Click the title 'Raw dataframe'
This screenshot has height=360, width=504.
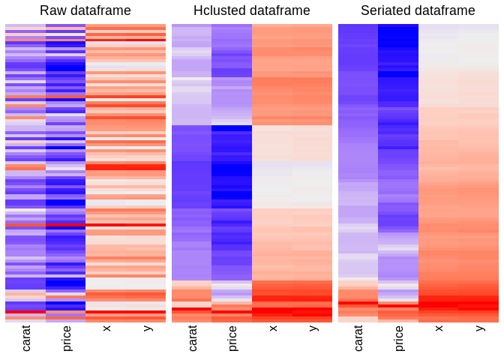[85, 10]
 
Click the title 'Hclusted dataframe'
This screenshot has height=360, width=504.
[252, 10]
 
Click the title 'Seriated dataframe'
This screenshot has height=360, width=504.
[418, 10]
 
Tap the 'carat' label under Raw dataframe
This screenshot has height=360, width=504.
[26, 338]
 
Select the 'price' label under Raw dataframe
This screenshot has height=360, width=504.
[66, 338]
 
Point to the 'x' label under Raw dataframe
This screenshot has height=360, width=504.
[106, 328]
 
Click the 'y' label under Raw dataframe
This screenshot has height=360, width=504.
[147, 328]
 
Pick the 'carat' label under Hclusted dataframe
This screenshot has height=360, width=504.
[193, 338]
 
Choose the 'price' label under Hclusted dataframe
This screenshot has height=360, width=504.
[232, 338]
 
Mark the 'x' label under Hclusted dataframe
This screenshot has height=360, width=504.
[273, 328]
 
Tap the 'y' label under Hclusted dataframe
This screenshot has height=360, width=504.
[313, 328]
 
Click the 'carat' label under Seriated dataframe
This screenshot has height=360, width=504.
[358, 338]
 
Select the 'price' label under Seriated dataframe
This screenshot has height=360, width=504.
[399, 338]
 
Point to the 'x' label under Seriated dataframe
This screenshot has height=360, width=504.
[439, 328]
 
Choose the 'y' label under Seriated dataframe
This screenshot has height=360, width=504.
[480, 328]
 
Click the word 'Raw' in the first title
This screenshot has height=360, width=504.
[52, 10]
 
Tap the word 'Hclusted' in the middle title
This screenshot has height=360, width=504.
[218, 10]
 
